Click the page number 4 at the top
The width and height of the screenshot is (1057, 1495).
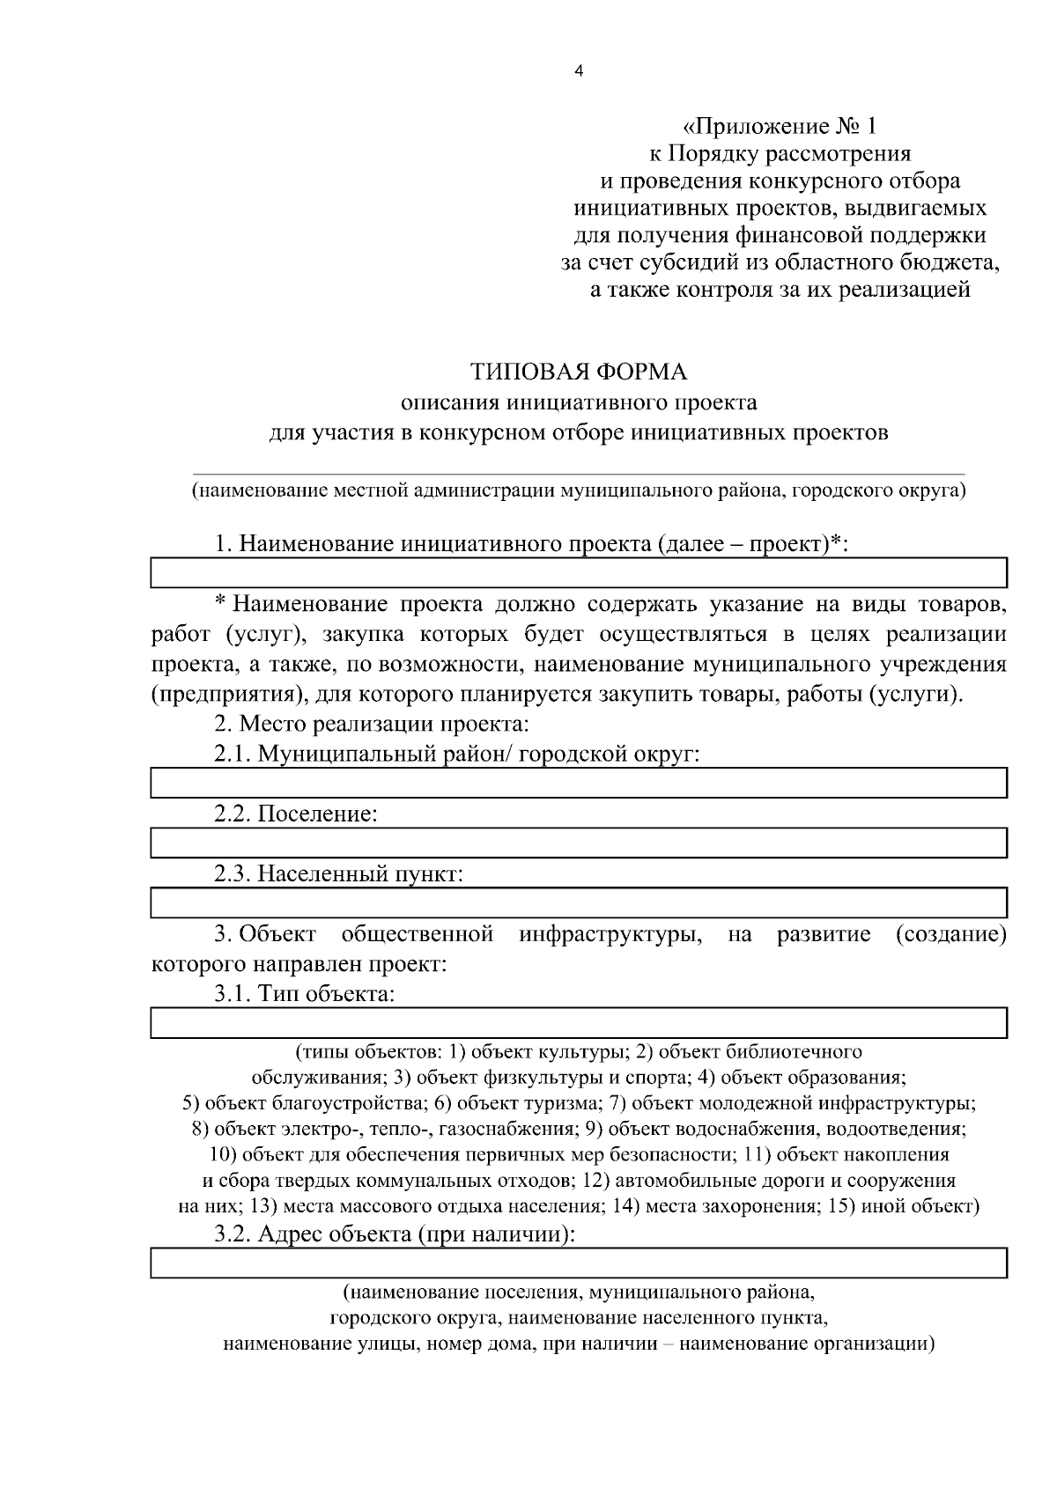pos(579,72)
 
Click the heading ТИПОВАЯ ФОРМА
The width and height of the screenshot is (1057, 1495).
pos(579,372)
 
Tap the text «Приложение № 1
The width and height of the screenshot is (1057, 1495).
pos(780,127)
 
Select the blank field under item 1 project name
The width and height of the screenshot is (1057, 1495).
pos(579,572)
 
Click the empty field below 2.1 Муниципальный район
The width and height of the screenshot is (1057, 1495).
pos(579,783)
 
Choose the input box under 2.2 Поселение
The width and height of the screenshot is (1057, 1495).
pos(579,843)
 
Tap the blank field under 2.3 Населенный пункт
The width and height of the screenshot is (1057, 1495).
pos(579,903)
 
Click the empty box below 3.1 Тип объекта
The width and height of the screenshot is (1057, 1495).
pos(579,1023)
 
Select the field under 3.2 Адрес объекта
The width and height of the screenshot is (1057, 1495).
pos(579,1263)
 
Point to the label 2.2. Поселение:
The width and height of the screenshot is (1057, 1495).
pos(296,814)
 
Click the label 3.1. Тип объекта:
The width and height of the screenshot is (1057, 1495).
pos(304,994)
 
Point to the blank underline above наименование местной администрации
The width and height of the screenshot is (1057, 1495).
pos(579,474)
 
